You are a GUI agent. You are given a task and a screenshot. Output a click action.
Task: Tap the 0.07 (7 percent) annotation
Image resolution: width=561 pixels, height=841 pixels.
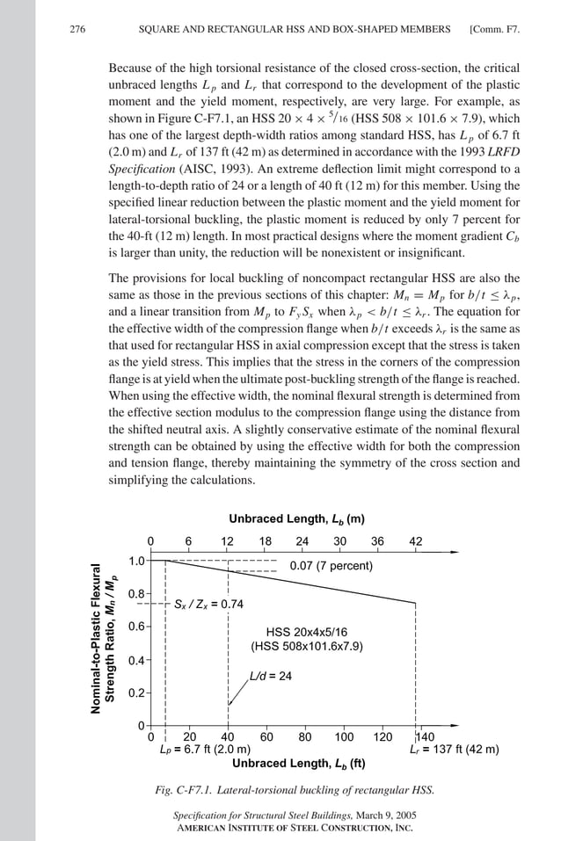(331, 565)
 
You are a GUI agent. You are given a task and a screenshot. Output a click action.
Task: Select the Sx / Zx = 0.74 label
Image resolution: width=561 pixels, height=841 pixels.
(208, 605)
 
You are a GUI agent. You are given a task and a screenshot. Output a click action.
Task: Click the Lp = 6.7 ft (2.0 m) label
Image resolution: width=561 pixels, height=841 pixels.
(204, 750)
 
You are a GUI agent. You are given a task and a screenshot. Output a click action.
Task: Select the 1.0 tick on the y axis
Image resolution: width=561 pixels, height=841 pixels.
(137, 561)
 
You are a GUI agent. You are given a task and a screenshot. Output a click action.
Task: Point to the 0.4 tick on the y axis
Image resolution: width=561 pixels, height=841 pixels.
(137, 660)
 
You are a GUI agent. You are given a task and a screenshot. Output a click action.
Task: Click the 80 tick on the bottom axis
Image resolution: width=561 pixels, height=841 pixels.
(305, 737)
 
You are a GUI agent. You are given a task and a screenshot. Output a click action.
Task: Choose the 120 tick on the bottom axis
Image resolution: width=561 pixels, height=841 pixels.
(383, 737)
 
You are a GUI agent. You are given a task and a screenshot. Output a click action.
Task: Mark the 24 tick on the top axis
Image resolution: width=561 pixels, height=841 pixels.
(302, 541)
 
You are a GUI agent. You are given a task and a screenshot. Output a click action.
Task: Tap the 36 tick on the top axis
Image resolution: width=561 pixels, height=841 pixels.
(377, 541)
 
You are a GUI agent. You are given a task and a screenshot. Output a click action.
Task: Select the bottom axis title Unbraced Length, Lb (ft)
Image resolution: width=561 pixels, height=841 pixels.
(299, 764)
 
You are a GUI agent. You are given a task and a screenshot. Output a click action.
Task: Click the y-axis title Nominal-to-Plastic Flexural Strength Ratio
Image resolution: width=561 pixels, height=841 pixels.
(105, 641)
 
